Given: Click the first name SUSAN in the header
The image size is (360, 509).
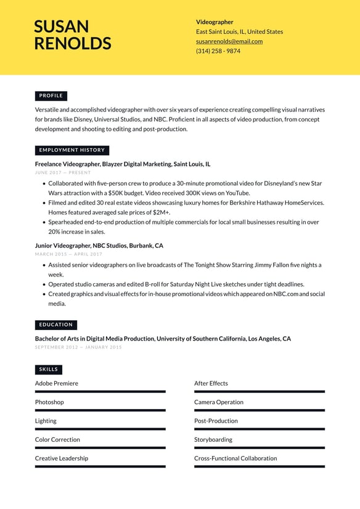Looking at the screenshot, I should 61,27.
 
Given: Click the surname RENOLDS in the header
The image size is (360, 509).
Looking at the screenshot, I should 73,43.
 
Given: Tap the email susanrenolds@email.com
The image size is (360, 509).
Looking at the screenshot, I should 229,41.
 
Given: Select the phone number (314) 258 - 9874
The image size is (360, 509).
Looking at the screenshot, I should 218,51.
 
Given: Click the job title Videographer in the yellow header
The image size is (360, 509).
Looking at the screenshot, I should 215,22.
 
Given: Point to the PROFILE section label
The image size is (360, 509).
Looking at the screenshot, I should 51,96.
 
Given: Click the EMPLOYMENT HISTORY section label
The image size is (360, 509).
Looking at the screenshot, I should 72,150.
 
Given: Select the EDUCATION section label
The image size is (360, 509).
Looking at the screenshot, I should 56,325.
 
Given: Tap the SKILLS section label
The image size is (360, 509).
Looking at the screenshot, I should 49,370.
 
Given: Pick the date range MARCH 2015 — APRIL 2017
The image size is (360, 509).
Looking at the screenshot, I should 68,254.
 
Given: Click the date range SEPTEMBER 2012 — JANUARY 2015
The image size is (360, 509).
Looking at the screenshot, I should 78,347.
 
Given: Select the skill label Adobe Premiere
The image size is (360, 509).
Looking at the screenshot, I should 57,383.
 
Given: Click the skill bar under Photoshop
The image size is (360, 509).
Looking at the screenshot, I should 100,410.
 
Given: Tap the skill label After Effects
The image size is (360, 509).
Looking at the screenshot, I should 211,383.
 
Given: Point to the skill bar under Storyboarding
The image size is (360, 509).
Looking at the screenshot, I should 259,448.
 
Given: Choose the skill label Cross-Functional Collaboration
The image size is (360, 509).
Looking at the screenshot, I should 235,458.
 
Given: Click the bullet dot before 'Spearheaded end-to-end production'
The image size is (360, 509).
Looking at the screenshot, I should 44,222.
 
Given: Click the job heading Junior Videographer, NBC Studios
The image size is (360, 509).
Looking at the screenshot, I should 99,246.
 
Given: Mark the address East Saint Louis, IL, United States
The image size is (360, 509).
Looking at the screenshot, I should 239,31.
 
